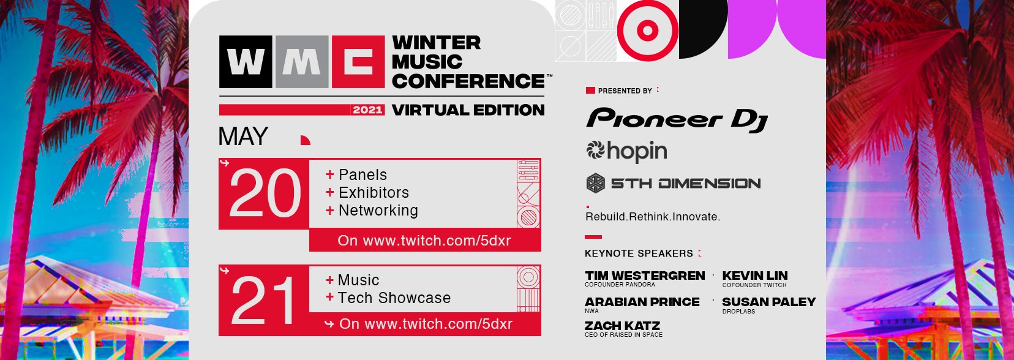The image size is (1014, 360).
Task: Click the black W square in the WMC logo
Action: click(246, 62)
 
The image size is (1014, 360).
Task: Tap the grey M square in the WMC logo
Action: click(302, 62)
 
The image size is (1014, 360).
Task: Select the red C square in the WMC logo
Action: click(358, 62)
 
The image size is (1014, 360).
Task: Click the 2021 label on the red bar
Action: click(367, 110)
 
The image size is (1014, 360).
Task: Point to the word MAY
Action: click(243, 137)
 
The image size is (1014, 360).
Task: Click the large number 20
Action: click(265, 194)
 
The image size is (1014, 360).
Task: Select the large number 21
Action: click(263, 301)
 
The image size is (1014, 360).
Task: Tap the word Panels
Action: click(362, 174)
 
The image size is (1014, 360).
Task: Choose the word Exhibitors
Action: click(374, 192)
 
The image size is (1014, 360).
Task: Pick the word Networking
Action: click(378, 211)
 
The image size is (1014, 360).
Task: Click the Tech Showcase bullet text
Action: click(394, 298)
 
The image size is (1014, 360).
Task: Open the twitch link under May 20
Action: click(424, 241)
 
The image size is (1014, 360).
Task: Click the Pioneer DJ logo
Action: click(677, 120)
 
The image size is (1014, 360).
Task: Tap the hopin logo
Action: click(626, 151)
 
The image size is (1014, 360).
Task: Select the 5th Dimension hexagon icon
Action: click(596, 184)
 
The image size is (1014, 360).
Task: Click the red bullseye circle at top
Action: click(647, 31)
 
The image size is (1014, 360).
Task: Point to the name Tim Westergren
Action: click(645, 276)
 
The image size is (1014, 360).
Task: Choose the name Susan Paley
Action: click(768, 302)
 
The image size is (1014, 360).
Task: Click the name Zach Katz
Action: click(623, 326)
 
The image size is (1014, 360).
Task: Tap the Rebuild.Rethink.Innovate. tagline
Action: click(653, 217)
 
